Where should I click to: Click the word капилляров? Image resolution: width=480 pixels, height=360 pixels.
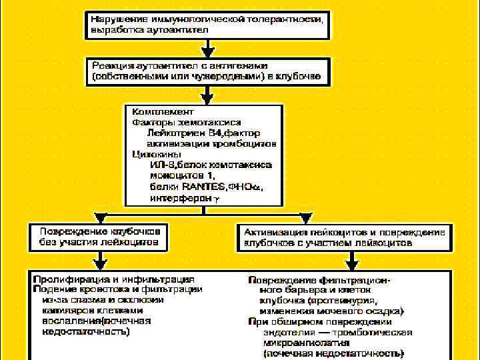(x=67, y=310)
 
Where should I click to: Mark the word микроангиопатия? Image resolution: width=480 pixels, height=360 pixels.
(x=294, y=342)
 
